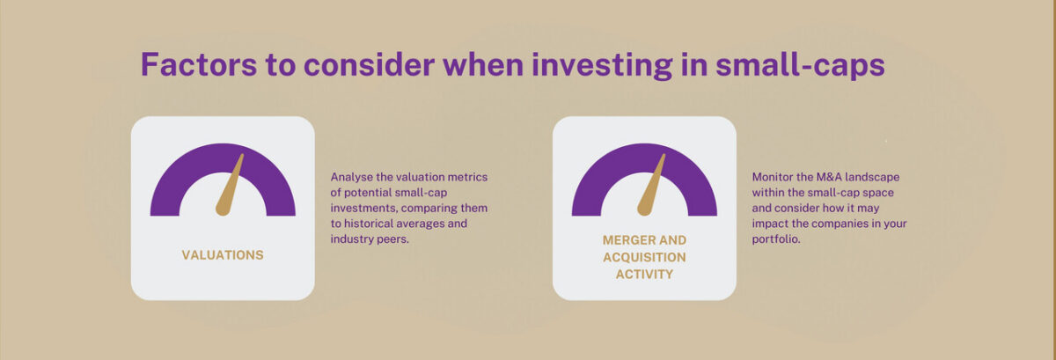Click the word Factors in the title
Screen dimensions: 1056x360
click(199, 64)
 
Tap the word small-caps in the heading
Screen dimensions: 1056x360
click(800, 66)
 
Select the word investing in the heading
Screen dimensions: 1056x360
click(602, 66)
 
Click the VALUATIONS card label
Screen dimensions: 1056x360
click(223, 255)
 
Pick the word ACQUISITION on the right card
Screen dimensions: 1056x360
click(644, 257)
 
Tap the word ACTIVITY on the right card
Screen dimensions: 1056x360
click(644, 274)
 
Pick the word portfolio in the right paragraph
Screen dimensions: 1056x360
click(776, 239)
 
